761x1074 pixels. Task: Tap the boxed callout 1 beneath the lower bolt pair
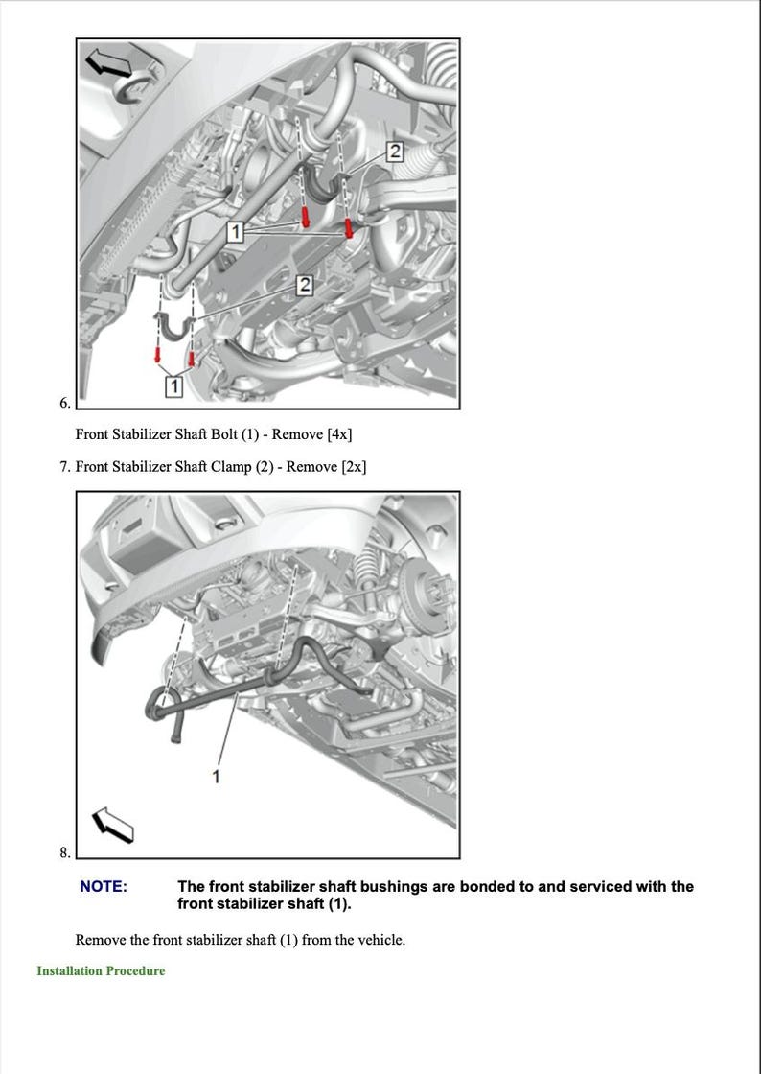click(173, 385)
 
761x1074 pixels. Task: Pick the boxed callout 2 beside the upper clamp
click(394, 150)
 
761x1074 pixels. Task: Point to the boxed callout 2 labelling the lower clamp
click(305, 285)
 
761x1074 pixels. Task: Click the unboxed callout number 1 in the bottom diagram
click(216, 776)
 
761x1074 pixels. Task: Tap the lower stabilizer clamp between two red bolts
click(174, 326)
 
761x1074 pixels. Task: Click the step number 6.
click(64, 403)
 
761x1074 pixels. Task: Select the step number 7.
click(63, 467)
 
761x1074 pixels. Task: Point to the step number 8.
click(64, 852)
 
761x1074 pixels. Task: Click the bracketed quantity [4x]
click(339, 434)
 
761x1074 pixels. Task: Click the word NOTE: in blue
click(103, 887)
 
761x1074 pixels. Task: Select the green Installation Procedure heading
click(101, 971)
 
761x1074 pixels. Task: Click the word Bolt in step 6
click(225, 434)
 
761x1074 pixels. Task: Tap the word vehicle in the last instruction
click(379, 940)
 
